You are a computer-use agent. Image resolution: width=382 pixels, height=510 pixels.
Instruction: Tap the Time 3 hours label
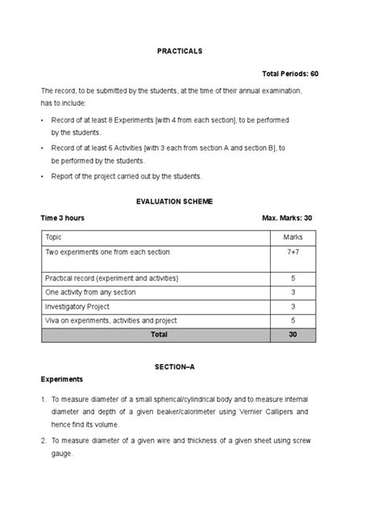coord(63,218)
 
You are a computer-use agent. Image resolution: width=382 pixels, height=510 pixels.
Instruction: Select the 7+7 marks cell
coord(293,253)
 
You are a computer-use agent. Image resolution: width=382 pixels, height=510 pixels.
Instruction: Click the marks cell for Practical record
coord(293,278)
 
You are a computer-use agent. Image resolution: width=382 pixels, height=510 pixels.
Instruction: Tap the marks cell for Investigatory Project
coord(293,307)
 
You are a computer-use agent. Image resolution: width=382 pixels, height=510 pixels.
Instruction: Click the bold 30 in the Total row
coord(293,333)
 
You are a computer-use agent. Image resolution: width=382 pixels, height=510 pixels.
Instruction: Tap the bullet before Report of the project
coord(43,176)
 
